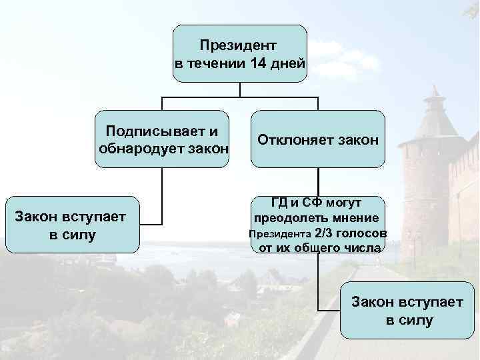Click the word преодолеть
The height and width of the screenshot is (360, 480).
point(285,218)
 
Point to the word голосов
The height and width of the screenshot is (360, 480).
point(362,233)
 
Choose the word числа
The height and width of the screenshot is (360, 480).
point(364,248)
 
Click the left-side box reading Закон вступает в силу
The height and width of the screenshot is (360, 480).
point(72,225)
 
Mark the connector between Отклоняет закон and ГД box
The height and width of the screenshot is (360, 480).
point(318,181)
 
